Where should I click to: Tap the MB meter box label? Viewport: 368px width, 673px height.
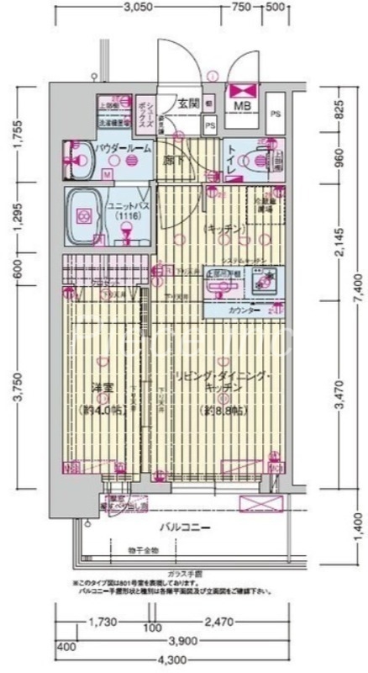pyautogui.click(x=242, y=106)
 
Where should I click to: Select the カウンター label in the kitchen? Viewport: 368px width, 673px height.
pyautogui.click(x=243, y=310)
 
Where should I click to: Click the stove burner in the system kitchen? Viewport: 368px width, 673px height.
pyautogui.click(x=271, y=277)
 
